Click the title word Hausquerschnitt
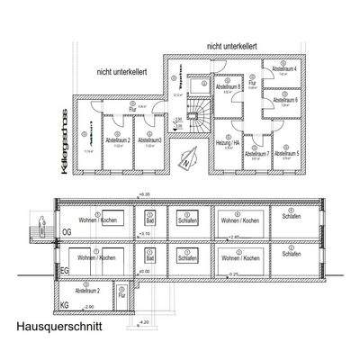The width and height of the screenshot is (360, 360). (x=58, y=328)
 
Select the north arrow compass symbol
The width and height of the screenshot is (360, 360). (x=186, y=162)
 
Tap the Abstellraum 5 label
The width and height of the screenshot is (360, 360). (x=285, y=154)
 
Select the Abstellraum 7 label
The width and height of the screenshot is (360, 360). (x=256, y=154)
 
